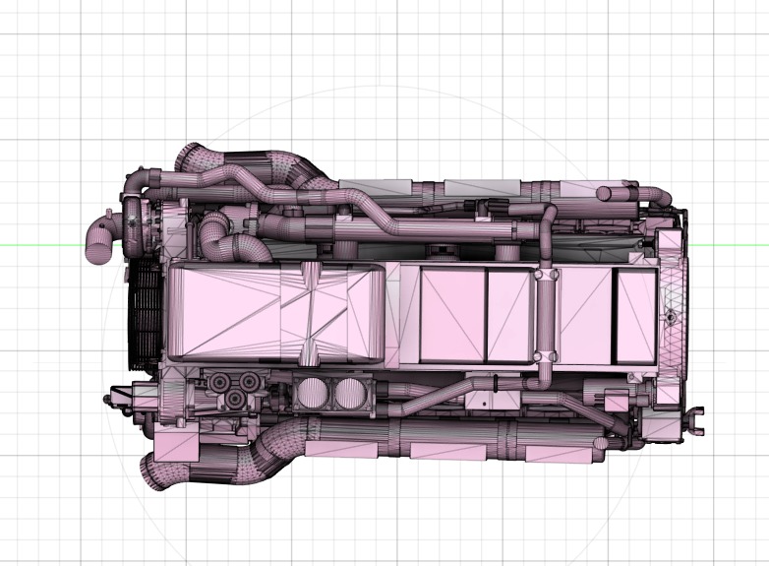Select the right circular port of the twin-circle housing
pyautogui.click(x=348, y=395)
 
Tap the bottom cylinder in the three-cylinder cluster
pyautogui.click(x=236, y=398)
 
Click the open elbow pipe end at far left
pyautogui.click(x=97, y=249)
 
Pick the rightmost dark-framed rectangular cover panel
pyautogui.click(x=635, y=315)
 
